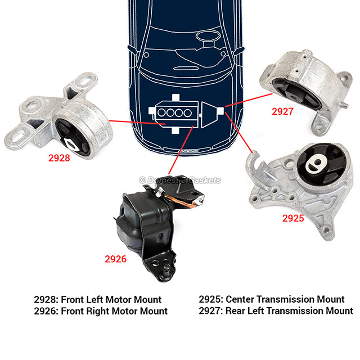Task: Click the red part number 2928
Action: tap(59, 158)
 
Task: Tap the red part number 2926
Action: tap(115, 259)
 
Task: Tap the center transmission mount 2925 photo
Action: tap(298, 180)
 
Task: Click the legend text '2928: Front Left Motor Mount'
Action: tap(97, 300)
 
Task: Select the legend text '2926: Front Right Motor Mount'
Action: tap(100, 311)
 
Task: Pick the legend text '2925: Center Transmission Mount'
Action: tap(272, 300)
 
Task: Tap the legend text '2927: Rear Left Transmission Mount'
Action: tap(276, 311)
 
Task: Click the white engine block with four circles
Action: tap(174, 113)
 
